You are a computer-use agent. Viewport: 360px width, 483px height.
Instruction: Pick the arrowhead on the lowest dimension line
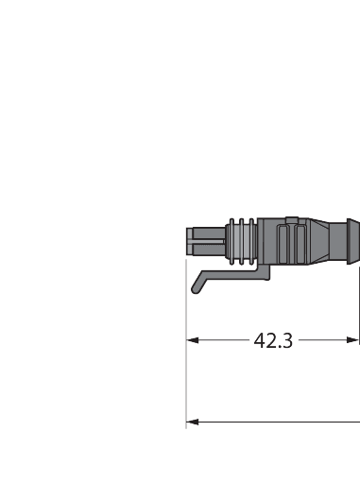tap(193, 422)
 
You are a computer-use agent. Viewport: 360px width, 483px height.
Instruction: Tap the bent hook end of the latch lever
tap(197, 285)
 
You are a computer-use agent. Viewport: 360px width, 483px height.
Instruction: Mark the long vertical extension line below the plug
tap(187, 359)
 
